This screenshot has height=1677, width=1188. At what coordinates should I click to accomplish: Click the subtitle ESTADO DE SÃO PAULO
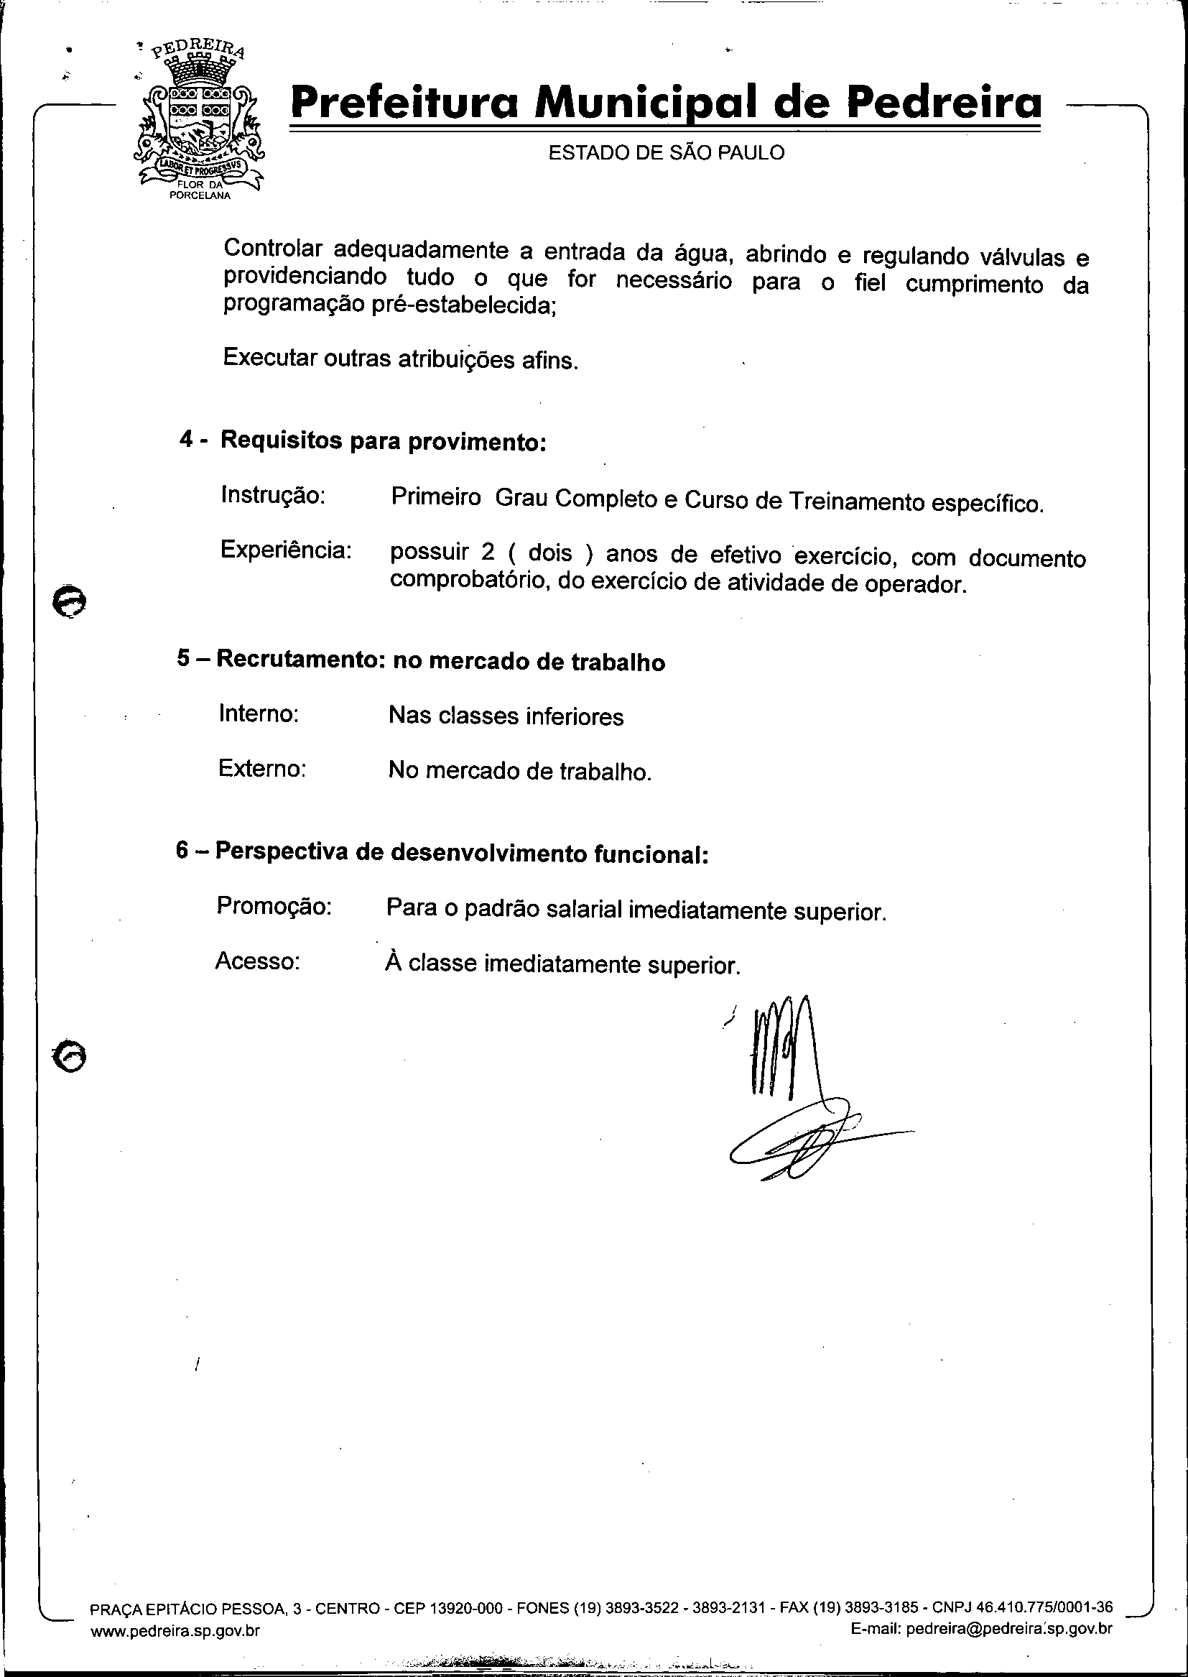pyautogui.click(x=666, y=152)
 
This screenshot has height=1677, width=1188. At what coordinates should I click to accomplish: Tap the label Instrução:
pyautogui.click(x=272, y=495)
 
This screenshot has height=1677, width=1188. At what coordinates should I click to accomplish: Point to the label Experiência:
pyautogui.click(x=286, y=550)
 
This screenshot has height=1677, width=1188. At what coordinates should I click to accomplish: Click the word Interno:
pyautogui.click(x=259, y=713)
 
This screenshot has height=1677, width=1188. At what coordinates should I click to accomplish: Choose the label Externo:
pyautogui.click(x=261, y=768)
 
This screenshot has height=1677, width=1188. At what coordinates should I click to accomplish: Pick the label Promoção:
pyautogui.click(x=274, y=906)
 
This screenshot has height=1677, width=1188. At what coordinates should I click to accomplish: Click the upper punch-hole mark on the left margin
pyautogui.click(x=70, y=601)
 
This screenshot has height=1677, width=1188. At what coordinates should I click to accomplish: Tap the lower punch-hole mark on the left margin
pyautogui.click(x=70, y=1055)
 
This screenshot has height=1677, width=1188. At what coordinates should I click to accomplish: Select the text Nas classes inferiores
pyautogui.click(x=506, y=716)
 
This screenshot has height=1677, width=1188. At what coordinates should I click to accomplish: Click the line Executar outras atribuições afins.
pyautogui.click(x=400, y=359)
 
